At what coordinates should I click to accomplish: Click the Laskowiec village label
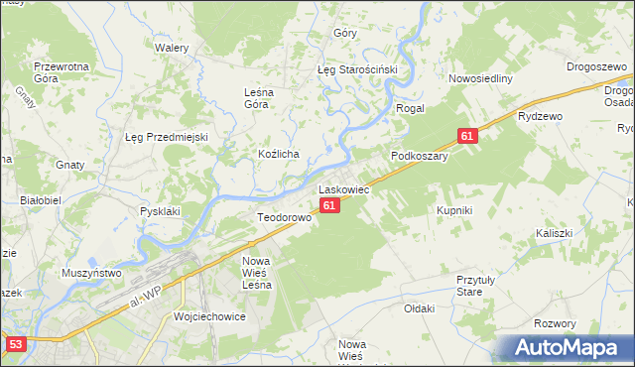pos(343,188)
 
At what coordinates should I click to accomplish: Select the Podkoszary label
pos(420,156)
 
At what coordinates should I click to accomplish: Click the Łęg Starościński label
pos(356,70)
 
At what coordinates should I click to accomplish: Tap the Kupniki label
pos(454,210)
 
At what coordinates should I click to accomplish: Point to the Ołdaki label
pos(419,308)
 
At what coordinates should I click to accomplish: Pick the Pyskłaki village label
pos(160,211)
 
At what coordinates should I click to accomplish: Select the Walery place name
pos(172,47)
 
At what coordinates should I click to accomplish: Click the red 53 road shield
pos(14,344)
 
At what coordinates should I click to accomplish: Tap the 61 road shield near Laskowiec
pos(330,205)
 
